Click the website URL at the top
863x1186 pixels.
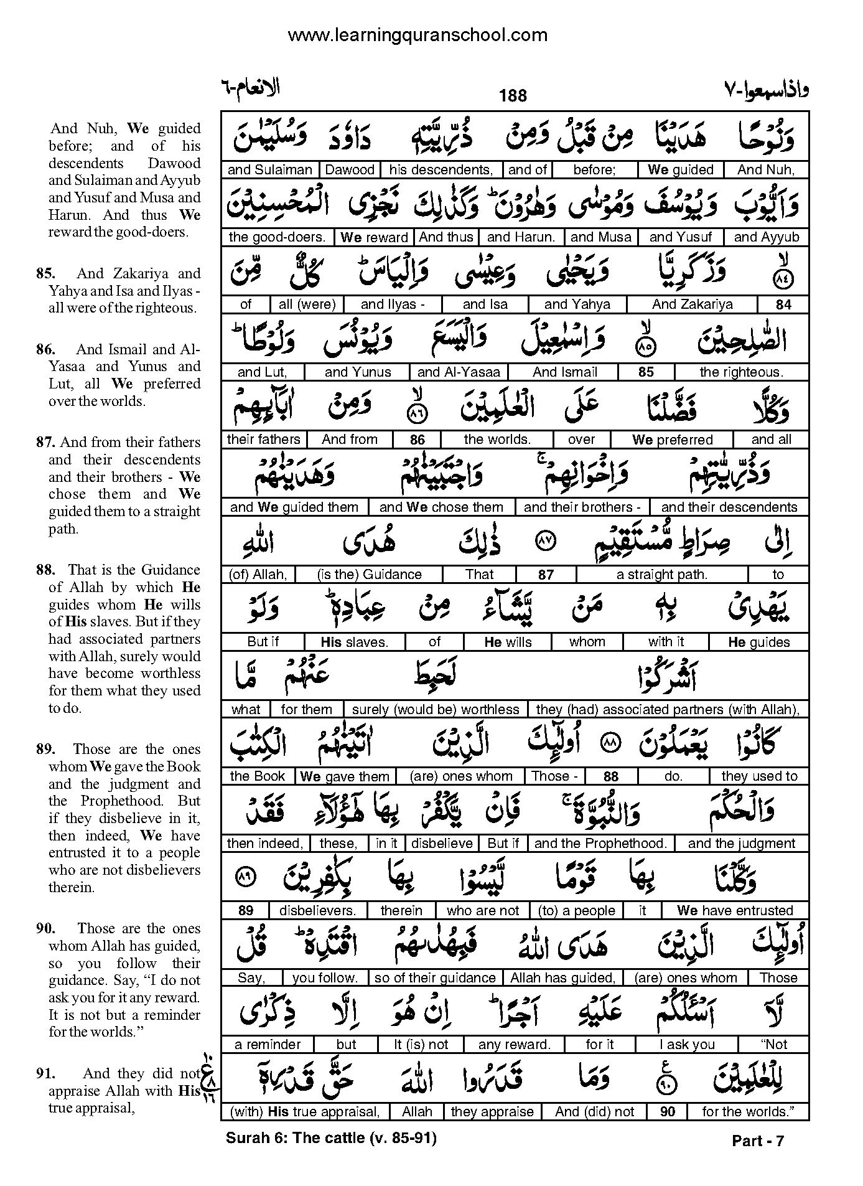pos(418,35)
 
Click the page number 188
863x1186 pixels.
pos(513,95)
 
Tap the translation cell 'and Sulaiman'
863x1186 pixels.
pos(269,170)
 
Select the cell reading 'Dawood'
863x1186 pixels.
pos(350,170)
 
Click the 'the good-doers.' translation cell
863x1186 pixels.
pos(277,237)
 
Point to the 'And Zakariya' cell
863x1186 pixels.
pos(692,304)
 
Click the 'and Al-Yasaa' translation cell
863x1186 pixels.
pos(459,372)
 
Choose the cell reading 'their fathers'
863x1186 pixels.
pos(263,440)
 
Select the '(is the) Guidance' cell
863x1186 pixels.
pos(369,575)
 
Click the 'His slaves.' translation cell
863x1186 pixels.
pos(354,642)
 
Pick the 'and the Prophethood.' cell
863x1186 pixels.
pos(600,844)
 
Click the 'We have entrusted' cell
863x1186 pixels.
pos(735,911)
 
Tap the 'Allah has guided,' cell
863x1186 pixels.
pos(562,978)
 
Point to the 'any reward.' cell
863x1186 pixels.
pos(515,1045)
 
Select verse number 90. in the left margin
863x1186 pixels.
pos(47,928)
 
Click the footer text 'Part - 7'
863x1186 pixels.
pos(758,1141)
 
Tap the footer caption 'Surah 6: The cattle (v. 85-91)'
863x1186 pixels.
pos(331,1138)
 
